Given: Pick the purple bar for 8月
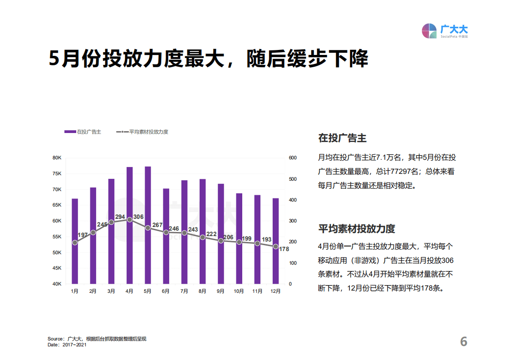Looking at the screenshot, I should (x=202, y=232).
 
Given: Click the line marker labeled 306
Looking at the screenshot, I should (x=129, y=220).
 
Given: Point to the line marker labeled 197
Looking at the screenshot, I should (x=75, y=242).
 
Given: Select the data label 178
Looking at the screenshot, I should (x=284, y=249).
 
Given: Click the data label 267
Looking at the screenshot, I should (x=157, y=225).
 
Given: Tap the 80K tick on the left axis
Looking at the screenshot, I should (x=57, y=158).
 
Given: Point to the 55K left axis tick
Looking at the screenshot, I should (x=57, y=237).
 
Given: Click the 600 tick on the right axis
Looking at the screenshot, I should (x=293, y=158).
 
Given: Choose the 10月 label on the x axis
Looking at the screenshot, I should (x=239, y=291).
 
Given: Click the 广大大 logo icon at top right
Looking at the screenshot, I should (x=430, y=31).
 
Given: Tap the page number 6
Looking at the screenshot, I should (x=463, y=341).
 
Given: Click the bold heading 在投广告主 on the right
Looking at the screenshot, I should (x=343, y=138).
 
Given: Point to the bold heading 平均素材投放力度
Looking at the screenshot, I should (x=357, y=228).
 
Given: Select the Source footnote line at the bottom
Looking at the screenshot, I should (x=97, y=339).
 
